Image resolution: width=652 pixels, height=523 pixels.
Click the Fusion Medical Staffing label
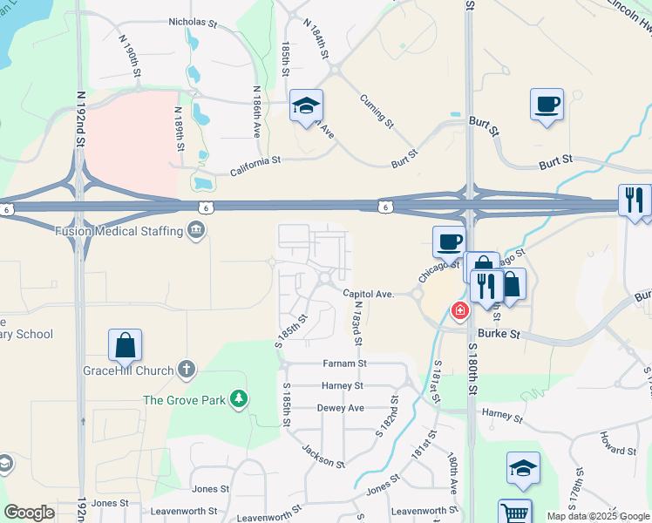click(118, 231)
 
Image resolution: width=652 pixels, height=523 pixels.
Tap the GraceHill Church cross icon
click(186, 370)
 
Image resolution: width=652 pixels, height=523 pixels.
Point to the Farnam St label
click(344, 363)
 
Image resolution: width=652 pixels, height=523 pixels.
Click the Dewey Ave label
click(340, 407)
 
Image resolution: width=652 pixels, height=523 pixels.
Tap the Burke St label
click(501, 334)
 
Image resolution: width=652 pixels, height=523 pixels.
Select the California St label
click(255, 160)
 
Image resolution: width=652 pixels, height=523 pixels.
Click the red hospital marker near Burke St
click(458, 310)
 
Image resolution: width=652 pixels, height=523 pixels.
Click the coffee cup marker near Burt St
click(547, 105)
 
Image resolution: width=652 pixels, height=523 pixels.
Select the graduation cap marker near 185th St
click(306, 105)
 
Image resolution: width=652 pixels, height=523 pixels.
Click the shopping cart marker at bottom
click(514, 512)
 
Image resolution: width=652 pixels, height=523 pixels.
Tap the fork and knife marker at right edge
click(635, 200)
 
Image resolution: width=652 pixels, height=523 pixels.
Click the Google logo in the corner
click(29, 513)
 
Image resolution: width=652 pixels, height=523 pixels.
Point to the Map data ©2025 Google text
click(598, 517)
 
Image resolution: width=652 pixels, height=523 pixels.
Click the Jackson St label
click(323, 456)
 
